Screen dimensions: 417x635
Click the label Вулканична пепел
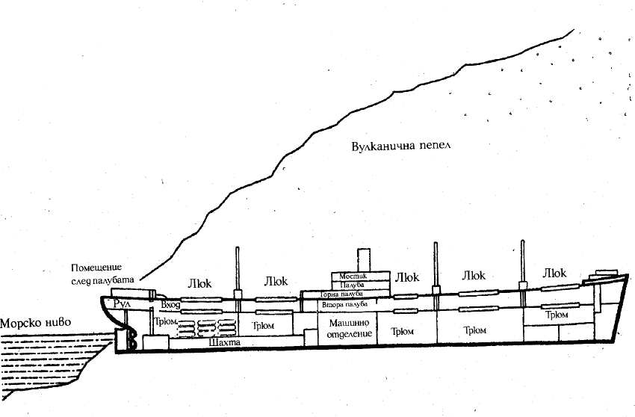pyautogui.click(x=403, y=145)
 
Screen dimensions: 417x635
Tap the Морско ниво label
pyautogui.click(x=35, y=323)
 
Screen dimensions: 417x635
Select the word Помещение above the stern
pyautogui.click(x=96, y=268)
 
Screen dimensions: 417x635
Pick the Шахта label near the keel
pyautogui.click(x=226, y=343)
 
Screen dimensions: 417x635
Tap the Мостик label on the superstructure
pyautogui.click(x=360, y=277)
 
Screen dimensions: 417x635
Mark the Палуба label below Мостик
pyautogui.click(x=361, y=285)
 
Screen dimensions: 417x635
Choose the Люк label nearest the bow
pyautogui.click(x=558, y=271)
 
